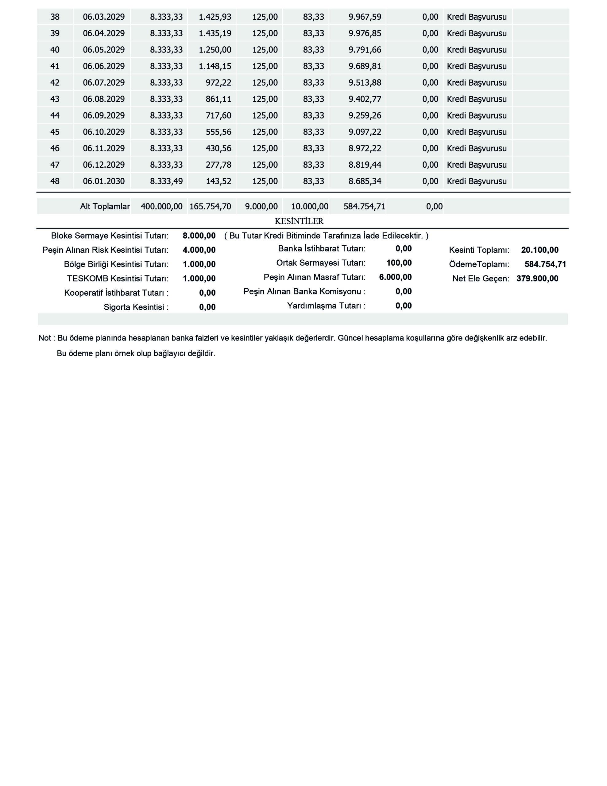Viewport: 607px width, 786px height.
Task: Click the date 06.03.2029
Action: click(x=104, y=17)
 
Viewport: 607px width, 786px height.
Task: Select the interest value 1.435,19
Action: click(x=215, y=33)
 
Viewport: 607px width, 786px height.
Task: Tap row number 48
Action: click(x=55, y=181)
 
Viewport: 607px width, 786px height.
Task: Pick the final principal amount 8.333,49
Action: click(x=166, y=181)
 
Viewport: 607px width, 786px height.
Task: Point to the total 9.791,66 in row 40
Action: click(x=365, y=50)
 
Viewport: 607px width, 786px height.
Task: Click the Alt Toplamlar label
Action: click(x=105, y=207)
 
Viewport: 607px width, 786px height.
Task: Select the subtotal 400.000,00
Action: click(x=161, y=207)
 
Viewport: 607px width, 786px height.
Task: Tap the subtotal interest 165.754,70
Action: click(x=210, y=207)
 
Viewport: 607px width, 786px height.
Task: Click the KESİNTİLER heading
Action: click(x=299, y=221)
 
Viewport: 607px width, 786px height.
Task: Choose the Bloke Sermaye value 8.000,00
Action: click(x=199, y=236)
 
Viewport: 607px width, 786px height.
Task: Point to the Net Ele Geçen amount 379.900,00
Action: click(x=537, y=278)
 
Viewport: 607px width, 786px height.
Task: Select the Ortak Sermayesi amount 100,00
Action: click(x=399, y=263)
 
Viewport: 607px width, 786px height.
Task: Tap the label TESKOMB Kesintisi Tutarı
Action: click(x=118, y=278)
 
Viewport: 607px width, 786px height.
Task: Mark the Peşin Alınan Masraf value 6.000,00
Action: click(x=396, y=277)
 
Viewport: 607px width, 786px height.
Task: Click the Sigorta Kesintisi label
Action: click(x=136, y=307)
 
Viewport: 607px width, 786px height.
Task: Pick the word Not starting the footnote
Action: click(x=44, y=338)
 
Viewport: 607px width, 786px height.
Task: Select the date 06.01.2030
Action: click(x=104, y=181)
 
